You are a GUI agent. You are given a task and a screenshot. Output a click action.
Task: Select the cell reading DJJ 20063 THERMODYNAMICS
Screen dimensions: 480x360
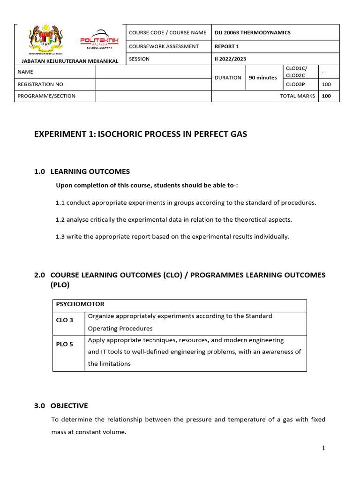coord(252,32)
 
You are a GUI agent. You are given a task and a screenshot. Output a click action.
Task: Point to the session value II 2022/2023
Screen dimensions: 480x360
coord(230,59)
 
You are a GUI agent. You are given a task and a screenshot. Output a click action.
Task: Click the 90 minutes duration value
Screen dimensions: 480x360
coord(263,77)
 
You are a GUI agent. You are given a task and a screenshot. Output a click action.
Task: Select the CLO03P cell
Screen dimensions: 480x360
coord(295,84)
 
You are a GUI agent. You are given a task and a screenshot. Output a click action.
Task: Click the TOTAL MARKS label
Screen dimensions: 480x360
coord(297,96)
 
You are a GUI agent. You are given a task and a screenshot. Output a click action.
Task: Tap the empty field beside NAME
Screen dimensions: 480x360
coord(153,72)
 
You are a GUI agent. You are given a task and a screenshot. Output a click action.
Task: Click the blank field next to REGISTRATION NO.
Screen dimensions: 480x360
coord(153,84)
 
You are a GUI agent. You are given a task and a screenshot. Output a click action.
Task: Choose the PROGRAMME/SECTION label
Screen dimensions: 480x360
coord(46,96)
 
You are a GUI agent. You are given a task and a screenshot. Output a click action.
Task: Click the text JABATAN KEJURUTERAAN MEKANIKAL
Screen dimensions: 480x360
coord(67,60)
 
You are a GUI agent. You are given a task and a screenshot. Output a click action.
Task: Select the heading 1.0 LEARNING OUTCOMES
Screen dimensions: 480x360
coord(82,172)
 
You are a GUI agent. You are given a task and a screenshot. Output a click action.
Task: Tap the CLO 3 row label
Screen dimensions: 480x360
coord(65,320)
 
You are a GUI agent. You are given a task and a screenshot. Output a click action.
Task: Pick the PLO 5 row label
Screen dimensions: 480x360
coord(65,344)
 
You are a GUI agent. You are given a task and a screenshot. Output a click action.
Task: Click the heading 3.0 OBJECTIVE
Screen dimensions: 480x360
coord(61,405)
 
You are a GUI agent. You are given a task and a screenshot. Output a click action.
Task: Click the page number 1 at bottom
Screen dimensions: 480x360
coord(323,448)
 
